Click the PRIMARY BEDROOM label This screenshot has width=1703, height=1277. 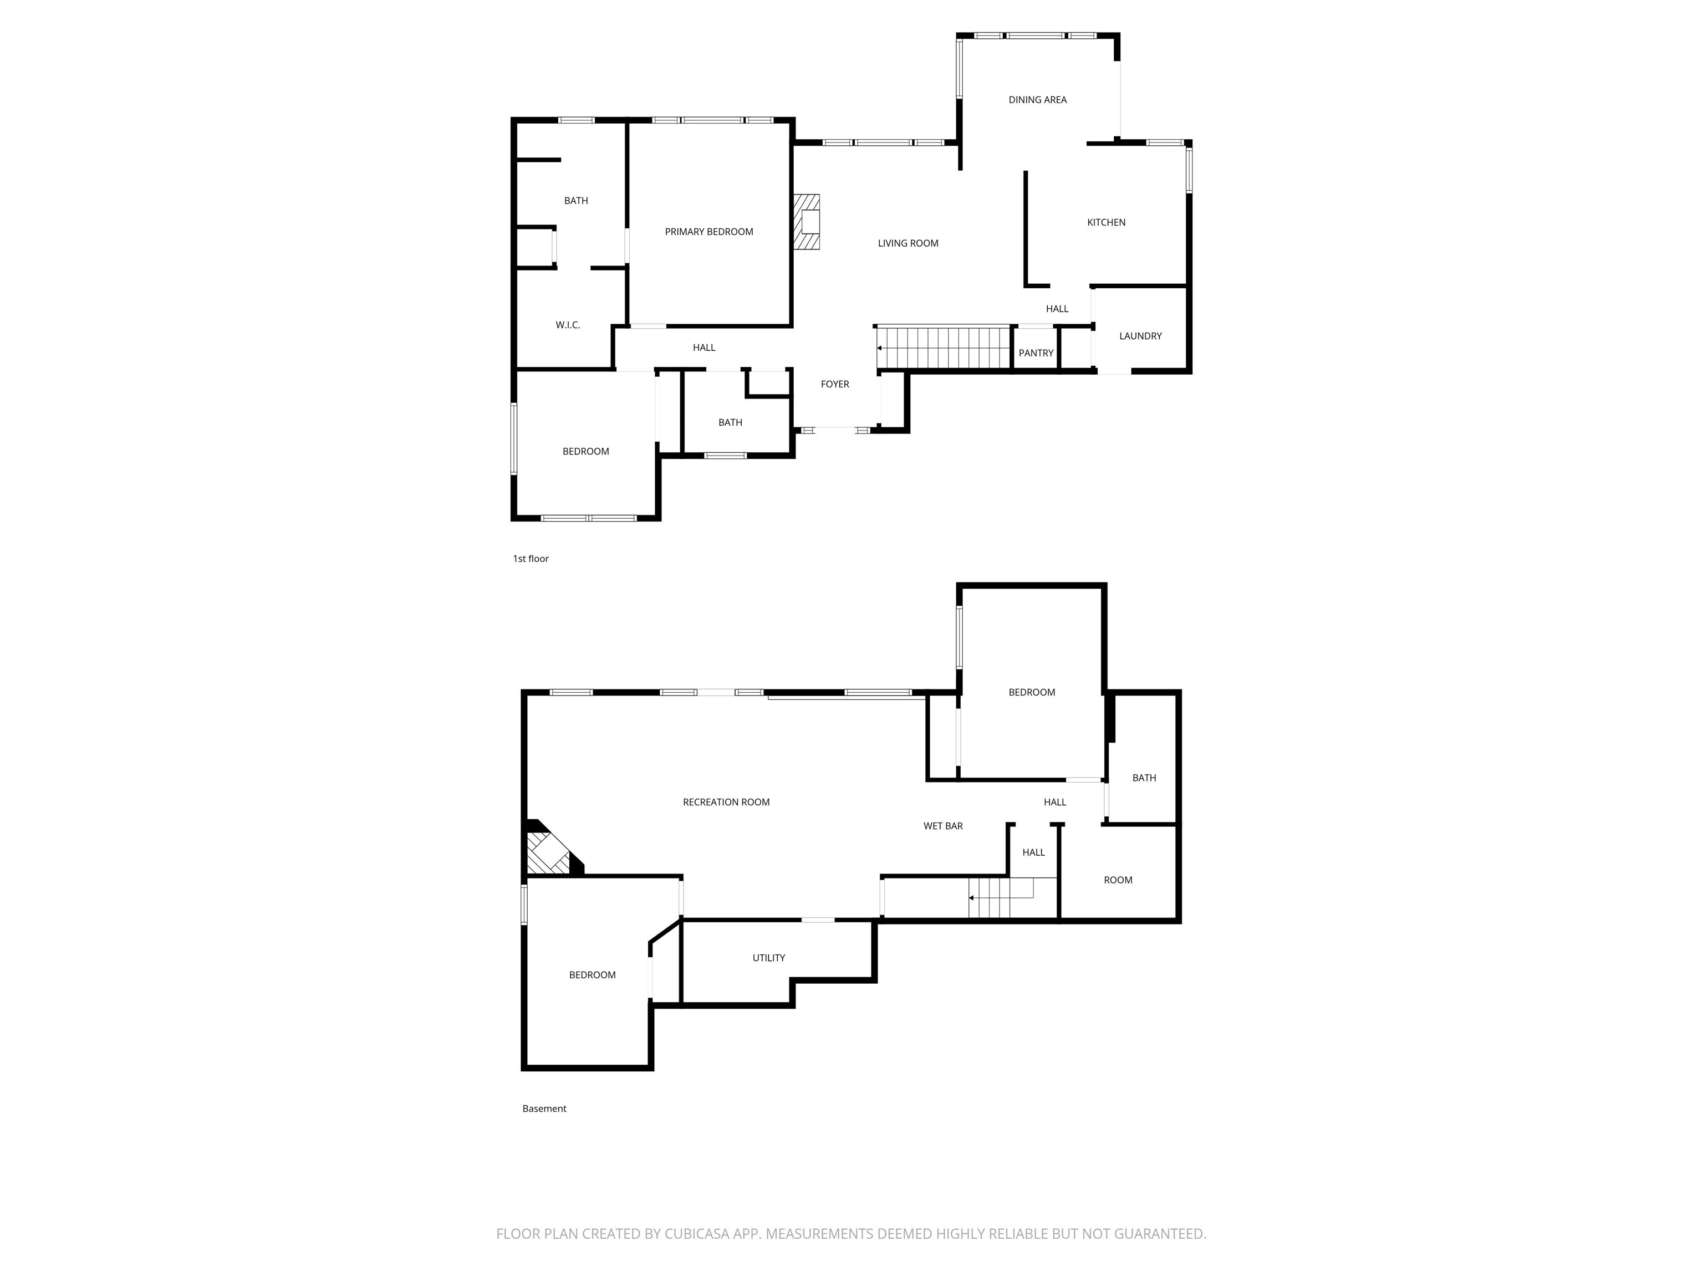(x=708, y=232)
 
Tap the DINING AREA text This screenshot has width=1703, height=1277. (x=1037, y=99)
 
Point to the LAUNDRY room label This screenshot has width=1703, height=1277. (x=1140, y=336)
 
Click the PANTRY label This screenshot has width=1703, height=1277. (x=1036, y=353)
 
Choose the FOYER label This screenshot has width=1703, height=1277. (x=834, y=384)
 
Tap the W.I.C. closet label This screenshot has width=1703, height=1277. (x=568, y=325)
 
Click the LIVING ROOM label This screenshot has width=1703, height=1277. (x=907, y=243)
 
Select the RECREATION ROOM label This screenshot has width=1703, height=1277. (x=726, y=802)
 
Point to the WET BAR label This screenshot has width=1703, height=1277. (x=943, y=826)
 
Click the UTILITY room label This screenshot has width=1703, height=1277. (x=768, y=958)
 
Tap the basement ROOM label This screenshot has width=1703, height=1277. (x=1118, y=880)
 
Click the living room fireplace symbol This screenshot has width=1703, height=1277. (x=806, y=222)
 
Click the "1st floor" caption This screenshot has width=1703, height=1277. (x=531, y=559)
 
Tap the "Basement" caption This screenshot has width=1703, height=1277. (x=544, y=1109)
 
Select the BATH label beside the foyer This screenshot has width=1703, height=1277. (x=730, y=422)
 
